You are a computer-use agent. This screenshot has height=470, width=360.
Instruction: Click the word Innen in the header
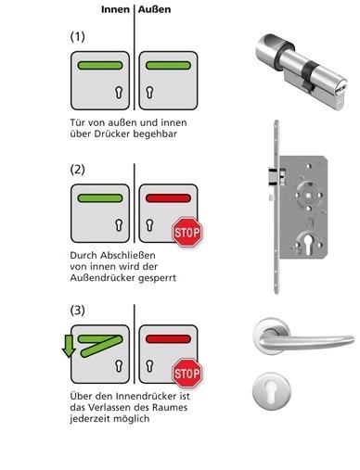coord(115,9)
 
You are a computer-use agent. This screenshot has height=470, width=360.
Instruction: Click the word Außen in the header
coord(154,9)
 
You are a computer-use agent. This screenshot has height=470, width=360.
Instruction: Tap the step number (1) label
coord(77,37)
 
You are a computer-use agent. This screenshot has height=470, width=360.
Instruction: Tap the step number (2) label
coord(77,170)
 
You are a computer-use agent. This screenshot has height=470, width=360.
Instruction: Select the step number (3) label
coord(77,311)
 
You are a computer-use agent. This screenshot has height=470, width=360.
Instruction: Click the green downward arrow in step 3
coord(69,346)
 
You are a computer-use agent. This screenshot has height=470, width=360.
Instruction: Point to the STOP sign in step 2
coord(186,232)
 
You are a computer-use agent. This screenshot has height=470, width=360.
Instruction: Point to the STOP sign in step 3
coord(186,373)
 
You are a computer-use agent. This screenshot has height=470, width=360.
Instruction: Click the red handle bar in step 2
coord(168,198)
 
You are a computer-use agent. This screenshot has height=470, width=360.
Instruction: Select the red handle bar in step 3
coord(168,339)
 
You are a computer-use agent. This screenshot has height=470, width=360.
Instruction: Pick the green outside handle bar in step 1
coord(168,65)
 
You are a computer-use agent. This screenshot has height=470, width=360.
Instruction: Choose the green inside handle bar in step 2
coord(100,198)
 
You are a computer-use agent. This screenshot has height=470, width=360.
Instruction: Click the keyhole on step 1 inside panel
coord(119,92)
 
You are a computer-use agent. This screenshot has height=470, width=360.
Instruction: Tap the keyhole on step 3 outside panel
coord(149,366)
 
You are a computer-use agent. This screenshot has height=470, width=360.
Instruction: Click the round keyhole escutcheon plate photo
coord(271,391)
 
